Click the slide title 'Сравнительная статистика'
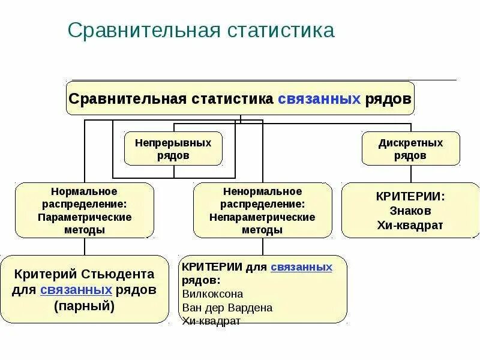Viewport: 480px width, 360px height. click(200, 31)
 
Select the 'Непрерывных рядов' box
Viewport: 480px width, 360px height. click(173, 149)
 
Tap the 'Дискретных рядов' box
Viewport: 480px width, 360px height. click(411, 149)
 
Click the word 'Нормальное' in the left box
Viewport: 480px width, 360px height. click(85, 191)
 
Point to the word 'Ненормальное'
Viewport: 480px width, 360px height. click(262, 191)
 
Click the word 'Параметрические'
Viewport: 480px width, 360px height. click(85, 217)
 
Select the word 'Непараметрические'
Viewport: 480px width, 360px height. click(262, 217)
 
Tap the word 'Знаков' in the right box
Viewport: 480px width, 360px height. click(411, 211)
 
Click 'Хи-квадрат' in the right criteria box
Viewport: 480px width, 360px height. click(411, 225)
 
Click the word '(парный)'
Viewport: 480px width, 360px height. click(85, 305)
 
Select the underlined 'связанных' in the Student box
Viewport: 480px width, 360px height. click(76, 290)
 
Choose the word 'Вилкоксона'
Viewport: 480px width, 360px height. click(212, 294)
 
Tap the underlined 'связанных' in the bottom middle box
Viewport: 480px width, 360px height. click(301, 266)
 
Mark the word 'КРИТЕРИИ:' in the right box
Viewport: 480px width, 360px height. click(411, 196)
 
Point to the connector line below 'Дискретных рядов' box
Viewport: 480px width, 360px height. click(411, 174)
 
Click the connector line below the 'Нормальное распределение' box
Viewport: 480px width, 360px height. click(85, 246)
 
